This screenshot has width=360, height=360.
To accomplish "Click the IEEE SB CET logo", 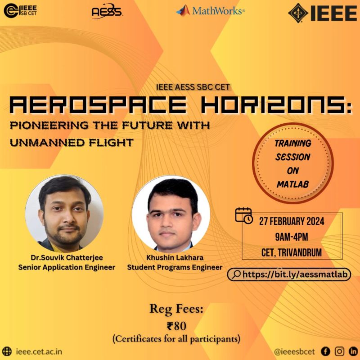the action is [x=20, y=10].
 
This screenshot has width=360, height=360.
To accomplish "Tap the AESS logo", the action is [x=107, y=11].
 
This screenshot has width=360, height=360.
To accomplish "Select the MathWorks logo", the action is [x=210, y=10].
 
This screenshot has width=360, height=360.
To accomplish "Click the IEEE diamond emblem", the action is [x=298, y=13].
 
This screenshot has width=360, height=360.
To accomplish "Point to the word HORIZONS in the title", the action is [x=276, y=105].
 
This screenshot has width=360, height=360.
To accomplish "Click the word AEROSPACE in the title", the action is [x=98, y=105].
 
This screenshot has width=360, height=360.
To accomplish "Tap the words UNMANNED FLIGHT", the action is [x=72, y=143].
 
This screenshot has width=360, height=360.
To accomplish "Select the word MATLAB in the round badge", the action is [x=293, y=184].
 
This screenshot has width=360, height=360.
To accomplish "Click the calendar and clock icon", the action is [x=244, y=216].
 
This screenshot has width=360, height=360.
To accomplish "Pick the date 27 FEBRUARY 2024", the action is [x=292, y=221].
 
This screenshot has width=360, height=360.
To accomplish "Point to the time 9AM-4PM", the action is [x=292, y=237].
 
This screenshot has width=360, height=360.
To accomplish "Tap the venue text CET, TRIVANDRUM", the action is [x=292, y=252].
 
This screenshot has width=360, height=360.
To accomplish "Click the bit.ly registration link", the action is [x=295, y=274].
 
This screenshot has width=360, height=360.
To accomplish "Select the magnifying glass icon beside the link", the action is [x=236, y=274].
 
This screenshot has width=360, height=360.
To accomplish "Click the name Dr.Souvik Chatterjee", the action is [x=67, y=257].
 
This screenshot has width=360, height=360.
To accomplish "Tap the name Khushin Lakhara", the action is [x=175, y=257].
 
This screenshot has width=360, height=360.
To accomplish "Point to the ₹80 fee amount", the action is [x=176, y=326].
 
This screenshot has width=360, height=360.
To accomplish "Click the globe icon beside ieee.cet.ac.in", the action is [x=7, y=351].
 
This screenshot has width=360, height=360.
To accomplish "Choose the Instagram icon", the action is [x=339, y=351].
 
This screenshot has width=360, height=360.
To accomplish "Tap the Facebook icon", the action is [x=325, y=351].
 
